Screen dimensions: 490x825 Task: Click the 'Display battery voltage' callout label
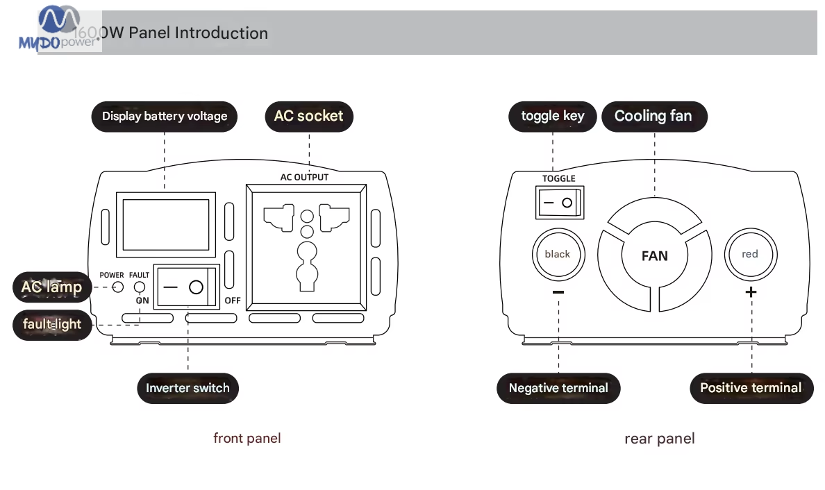coord(165,116)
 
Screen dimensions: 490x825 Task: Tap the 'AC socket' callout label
coord(309,116)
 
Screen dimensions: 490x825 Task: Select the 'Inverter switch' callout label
coord(187,388)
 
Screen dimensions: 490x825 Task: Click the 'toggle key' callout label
coord(553,116)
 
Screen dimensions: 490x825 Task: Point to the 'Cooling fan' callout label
coord(653,116)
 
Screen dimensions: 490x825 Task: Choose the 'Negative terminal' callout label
coord(558,388)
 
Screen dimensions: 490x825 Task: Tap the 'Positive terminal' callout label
coord(751,388)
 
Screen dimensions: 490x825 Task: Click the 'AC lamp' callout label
coord(51,287)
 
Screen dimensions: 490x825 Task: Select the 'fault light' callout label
coord(52,324)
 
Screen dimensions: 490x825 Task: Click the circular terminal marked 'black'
coord(557,254)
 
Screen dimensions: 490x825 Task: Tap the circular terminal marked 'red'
coord(750,254)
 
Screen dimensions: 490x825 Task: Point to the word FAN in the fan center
coord(654,256)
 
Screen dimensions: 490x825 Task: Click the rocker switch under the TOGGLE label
coord(558,203)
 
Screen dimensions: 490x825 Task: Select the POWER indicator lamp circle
coord(118,287)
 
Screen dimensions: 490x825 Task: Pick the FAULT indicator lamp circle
coord(140,287)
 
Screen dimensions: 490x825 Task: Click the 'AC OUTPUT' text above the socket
coord(304,177)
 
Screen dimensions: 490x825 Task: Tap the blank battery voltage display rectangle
coord(165,224)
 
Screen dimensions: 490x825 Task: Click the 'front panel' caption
coord(247,438)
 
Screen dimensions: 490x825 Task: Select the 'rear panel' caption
coord(659,439)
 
